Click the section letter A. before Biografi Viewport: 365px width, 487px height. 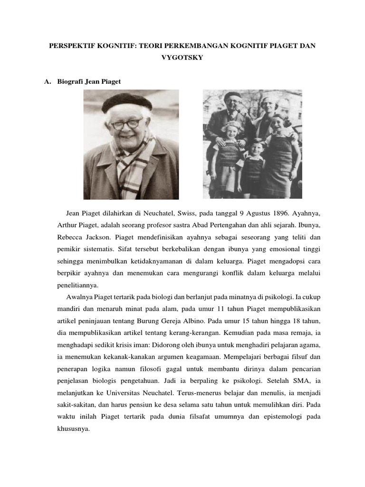(47, 82)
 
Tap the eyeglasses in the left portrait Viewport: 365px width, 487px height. (126, 124)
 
